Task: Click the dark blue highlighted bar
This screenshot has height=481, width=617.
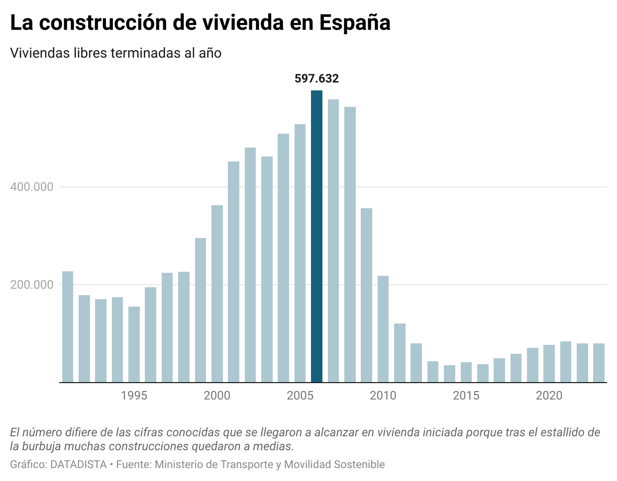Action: (316, 237)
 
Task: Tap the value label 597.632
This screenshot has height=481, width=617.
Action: (316, 79)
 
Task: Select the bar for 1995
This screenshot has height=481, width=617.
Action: (134, 344)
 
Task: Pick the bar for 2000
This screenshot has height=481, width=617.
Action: (217, 294)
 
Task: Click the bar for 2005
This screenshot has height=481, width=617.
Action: (300, 253)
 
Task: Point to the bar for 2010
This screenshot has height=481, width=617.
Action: (383, 329)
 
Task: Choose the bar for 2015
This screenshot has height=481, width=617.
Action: (466, 372)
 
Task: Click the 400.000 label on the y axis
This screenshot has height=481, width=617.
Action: (32, 187)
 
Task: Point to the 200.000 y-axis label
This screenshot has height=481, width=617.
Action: (32, 285)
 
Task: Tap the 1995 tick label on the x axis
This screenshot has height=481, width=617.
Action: (134, 396)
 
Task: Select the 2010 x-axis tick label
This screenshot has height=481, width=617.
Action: (383, 396)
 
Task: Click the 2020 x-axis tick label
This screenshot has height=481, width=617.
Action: (549, 396)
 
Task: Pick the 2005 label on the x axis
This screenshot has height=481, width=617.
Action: (300, 396)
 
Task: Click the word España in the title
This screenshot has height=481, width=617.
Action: (355, 23)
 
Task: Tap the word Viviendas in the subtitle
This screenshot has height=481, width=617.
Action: (39, 53)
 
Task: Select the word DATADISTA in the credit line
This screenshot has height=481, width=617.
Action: (79, 465)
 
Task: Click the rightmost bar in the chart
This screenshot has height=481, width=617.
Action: (599, 363)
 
